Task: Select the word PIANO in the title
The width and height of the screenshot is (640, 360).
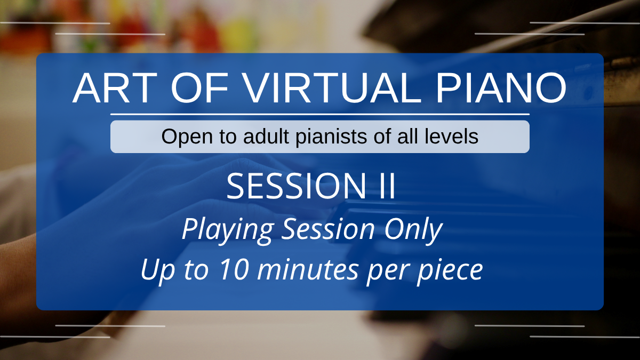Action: pyautogui.click(x=501, y=87)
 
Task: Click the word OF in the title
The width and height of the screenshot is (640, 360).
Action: pyautogui.click(x=199, y=87)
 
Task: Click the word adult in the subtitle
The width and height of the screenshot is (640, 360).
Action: pyautogui.click(x=266, y=137)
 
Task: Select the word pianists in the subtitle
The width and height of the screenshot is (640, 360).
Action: pyautogui.click(x=332, y=137)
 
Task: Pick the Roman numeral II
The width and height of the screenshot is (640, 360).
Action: pyautogui.click(x=387, y=186)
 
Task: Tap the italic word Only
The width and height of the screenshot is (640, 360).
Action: pyautogui.click(x=413, y=230)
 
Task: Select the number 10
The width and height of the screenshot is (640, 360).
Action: pyautogui.click(x=234, y=269)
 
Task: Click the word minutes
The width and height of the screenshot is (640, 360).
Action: pyautogui.click(x=308, y=269)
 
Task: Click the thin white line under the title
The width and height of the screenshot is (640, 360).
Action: pyautogui.click(x=319, y=114)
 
